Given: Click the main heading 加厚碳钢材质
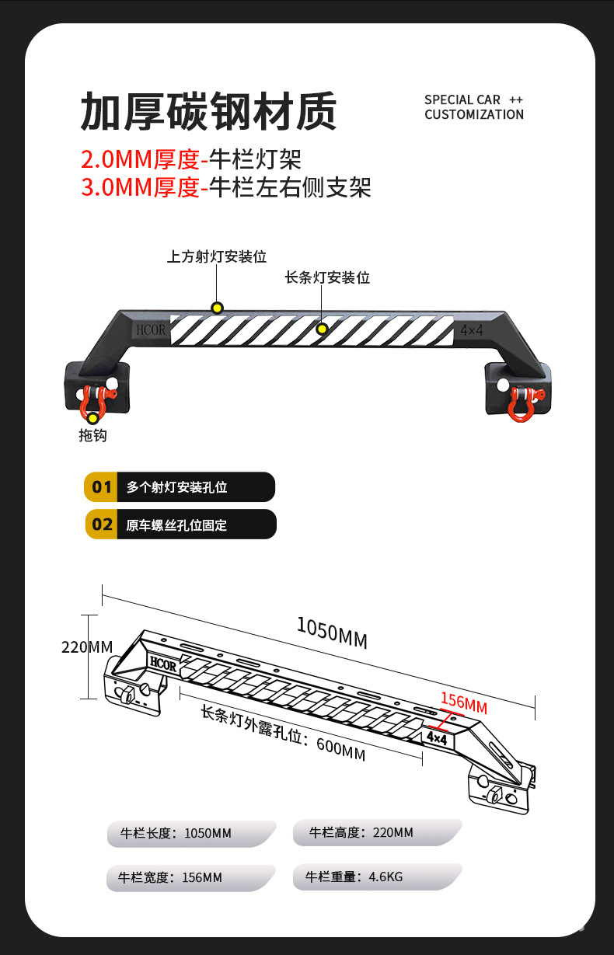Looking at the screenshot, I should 208,111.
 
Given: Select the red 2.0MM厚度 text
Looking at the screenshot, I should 141,160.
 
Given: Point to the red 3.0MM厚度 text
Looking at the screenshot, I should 141,187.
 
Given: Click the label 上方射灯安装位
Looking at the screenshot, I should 217,256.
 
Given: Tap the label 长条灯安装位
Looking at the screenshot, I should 327,277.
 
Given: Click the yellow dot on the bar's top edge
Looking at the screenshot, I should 217,308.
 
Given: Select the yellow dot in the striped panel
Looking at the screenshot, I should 321,329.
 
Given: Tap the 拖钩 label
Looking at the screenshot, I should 92,436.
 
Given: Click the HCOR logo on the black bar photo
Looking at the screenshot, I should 152,329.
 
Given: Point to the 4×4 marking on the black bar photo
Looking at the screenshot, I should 472,330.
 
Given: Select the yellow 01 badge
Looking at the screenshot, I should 102,487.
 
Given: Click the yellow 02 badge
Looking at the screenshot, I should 102,524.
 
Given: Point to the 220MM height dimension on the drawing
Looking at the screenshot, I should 87,647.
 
